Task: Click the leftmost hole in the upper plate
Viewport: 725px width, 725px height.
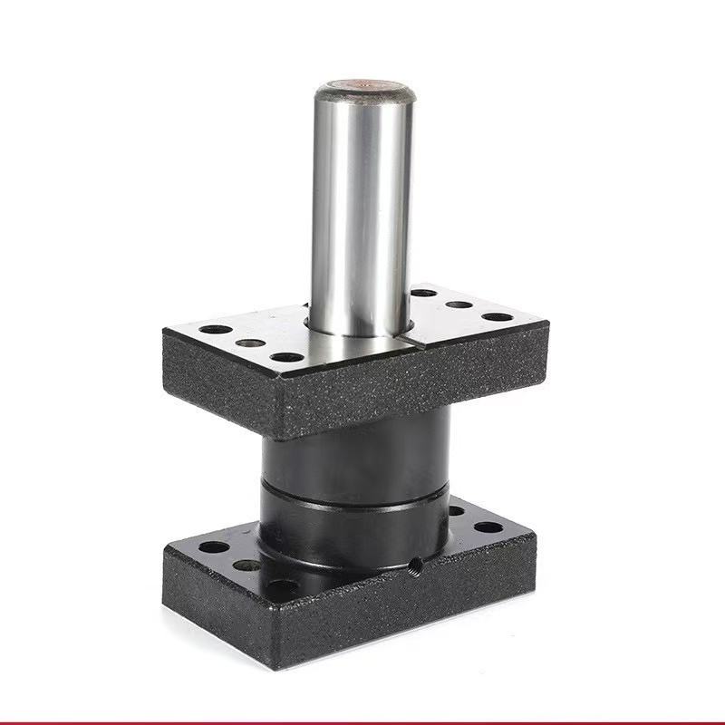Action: point(216,329)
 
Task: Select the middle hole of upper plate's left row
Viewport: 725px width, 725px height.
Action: point(250,343)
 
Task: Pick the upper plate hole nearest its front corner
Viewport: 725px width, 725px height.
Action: point(286,357)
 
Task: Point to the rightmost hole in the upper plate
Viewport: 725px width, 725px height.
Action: point(497,317)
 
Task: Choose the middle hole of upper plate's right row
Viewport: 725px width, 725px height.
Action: point(459,304)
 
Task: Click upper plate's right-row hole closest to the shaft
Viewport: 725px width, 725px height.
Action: point(423,293)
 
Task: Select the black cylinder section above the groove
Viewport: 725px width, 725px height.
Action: point(353,458)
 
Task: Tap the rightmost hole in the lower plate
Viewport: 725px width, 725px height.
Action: point(488,527)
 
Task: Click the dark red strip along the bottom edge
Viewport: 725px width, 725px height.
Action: point(362,721)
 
